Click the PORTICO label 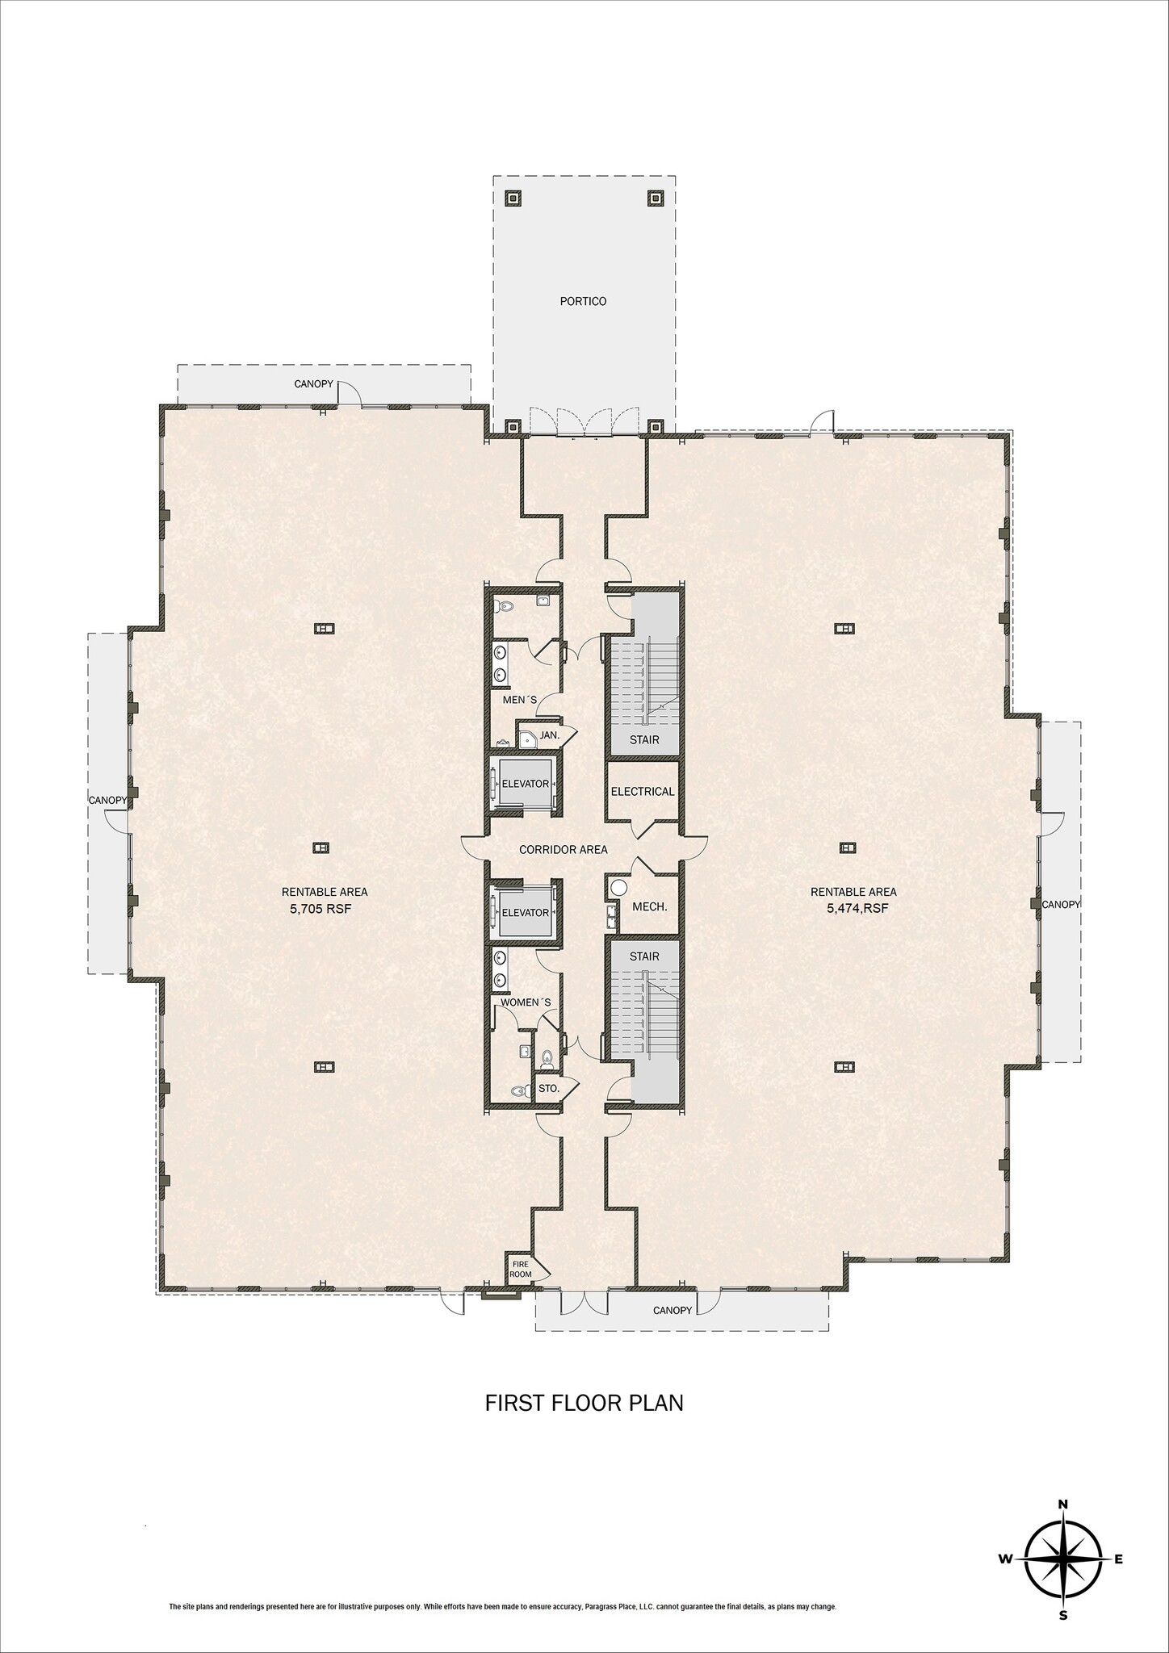click(583, 301)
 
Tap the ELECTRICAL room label click(642, 791)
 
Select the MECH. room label click(649, 906)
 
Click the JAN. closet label click(550, 735)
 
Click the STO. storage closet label click(549, 1088)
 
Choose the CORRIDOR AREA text click(563, 849)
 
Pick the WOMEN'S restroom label click(526, 1002)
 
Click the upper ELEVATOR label click(525, 784)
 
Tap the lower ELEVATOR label click(525, 912)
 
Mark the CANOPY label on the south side click(672, 1310)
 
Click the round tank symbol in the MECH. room click(618, 887)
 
